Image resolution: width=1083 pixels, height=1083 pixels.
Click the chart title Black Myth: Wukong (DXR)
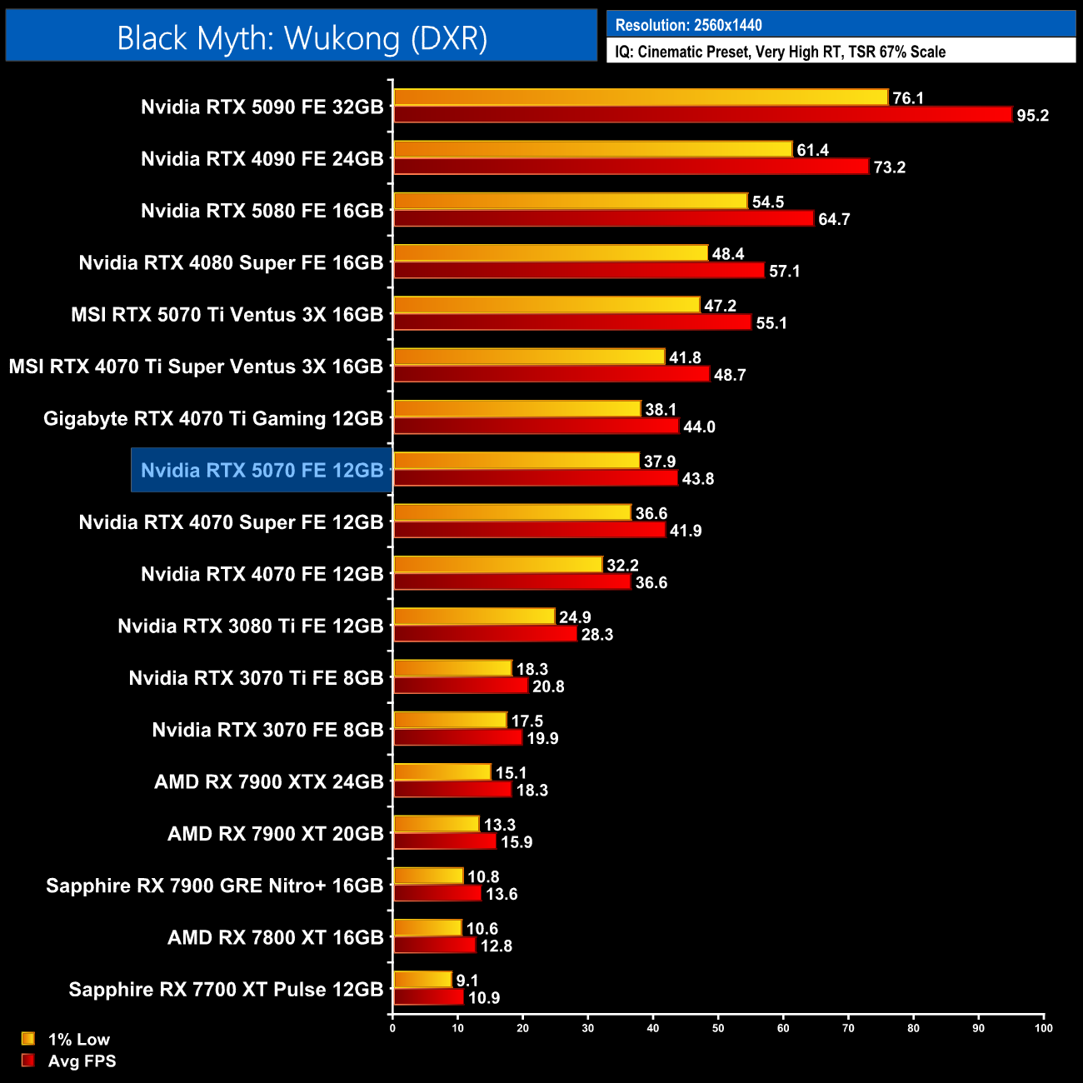coord(302,38)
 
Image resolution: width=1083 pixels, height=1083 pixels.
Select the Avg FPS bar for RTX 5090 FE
coord(702,115)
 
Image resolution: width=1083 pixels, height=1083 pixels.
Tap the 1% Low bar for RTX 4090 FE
coord(592,149)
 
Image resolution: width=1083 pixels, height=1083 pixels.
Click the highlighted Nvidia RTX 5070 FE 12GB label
coord(262,471)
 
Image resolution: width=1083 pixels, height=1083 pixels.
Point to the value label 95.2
coord(1032,116)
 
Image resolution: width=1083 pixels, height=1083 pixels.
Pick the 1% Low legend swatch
coord(28,1039)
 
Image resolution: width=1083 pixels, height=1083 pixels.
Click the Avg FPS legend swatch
coord(28,1061)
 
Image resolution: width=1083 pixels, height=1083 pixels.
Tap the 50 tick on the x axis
coord(718,1028)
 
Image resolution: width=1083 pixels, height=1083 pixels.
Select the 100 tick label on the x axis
coord(1043,1028)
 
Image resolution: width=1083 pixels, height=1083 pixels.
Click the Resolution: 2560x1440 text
coord(688,25)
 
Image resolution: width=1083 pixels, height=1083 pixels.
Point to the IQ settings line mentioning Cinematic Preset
coord(780,52)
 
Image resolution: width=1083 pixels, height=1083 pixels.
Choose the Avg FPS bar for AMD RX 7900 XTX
coord(452,790)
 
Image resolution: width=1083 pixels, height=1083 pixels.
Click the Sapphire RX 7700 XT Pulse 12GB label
coord(226,990)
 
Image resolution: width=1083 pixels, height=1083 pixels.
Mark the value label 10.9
coord(484,998)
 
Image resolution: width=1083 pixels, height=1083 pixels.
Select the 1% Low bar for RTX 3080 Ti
coord(474,616)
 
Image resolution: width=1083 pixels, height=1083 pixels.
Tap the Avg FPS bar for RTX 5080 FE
coord(603,218)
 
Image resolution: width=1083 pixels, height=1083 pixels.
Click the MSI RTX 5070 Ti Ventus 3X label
coord(227,315)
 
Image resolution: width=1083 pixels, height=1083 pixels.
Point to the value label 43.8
coord(697,479)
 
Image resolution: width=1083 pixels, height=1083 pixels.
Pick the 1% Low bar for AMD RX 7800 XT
coord(427,928)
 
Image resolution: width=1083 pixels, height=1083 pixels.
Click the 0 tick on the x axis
coord(392,1028)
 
